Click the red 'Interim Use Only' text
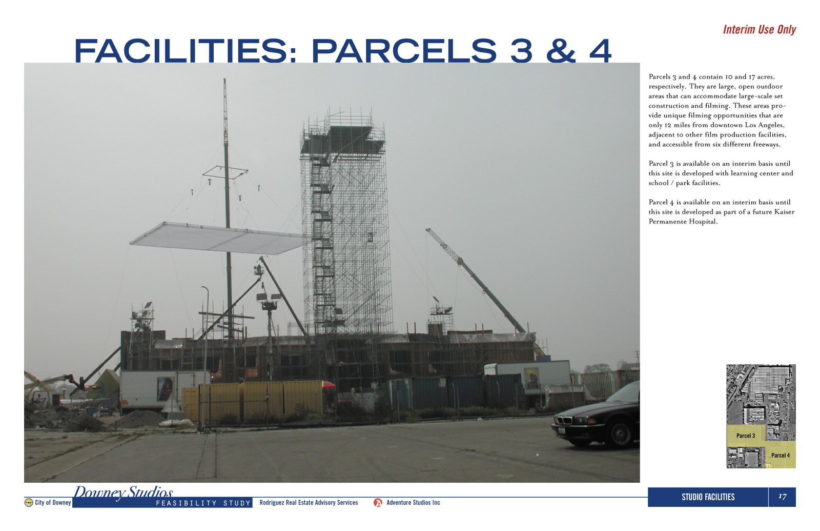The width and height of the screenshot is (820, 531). pos(759,30)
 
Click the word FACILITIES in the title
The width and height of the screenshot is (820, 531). pos(181,51)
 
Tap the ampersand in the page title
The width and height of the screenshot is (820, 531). pos(561,51)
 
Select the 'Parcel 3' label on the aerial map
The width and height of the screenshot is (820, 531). pos(746,436)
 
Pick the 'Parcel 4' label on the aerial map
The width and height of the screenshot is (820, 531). pos(781,455)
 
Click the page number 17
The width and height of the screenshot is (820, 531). pos(782,497)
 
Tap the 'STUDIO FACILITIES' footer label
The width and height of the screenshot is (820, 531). pos(708,497)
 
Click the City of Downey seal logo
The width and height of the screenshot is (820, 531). pos(29,502)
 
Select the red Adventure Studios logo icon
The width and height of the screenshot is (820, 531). pos(378,503)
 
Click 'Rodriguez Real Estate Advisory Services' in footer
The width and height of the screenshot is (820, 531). pos(309,502)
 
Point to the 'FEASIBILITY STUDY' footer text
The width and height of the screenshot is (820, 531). pos(203,503)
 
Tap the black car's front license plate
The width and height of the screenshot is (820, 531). pos(561,430)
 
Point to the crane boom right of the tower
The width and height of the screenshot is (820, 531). pos(476,280)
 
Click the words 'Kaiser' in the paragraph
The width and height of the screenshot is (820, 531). pos(784,212)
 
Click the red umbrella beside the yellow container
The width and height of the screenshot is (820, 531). pos(329,384)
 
